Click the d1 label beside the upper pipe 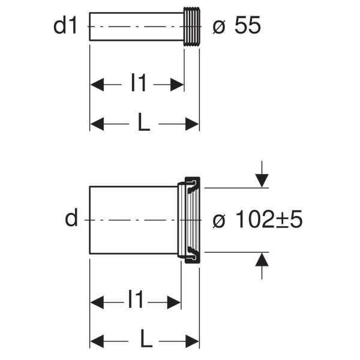tap(65, 25)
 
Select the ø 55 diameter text tap(237, 25)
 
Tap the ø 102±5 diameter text tap(257, 219)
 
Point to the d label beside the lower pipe tap(71, 217)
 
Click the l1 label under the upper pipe tap(138, 82)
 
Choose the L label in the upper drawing tap(144, 122)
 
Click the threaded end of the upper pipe tap(192, 26)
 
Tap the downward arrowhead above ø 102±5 tap(262, 181)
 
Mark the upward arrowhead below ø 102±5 tap(262, 259)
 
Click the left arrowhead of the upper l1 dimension tap(97, 85)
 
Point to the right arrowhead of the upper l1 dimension tap(177, 85)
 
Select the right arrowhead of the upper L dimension tap(192, 124)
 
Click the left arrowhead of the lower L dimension tap(97, 341)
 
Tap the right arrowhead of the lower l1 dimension tap(174, 302)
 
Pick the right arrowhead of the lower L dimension tap(192, 341)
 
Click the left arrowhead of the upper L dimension tap(97, 124)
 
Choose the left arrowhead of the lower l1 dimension tap(97, 302)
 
